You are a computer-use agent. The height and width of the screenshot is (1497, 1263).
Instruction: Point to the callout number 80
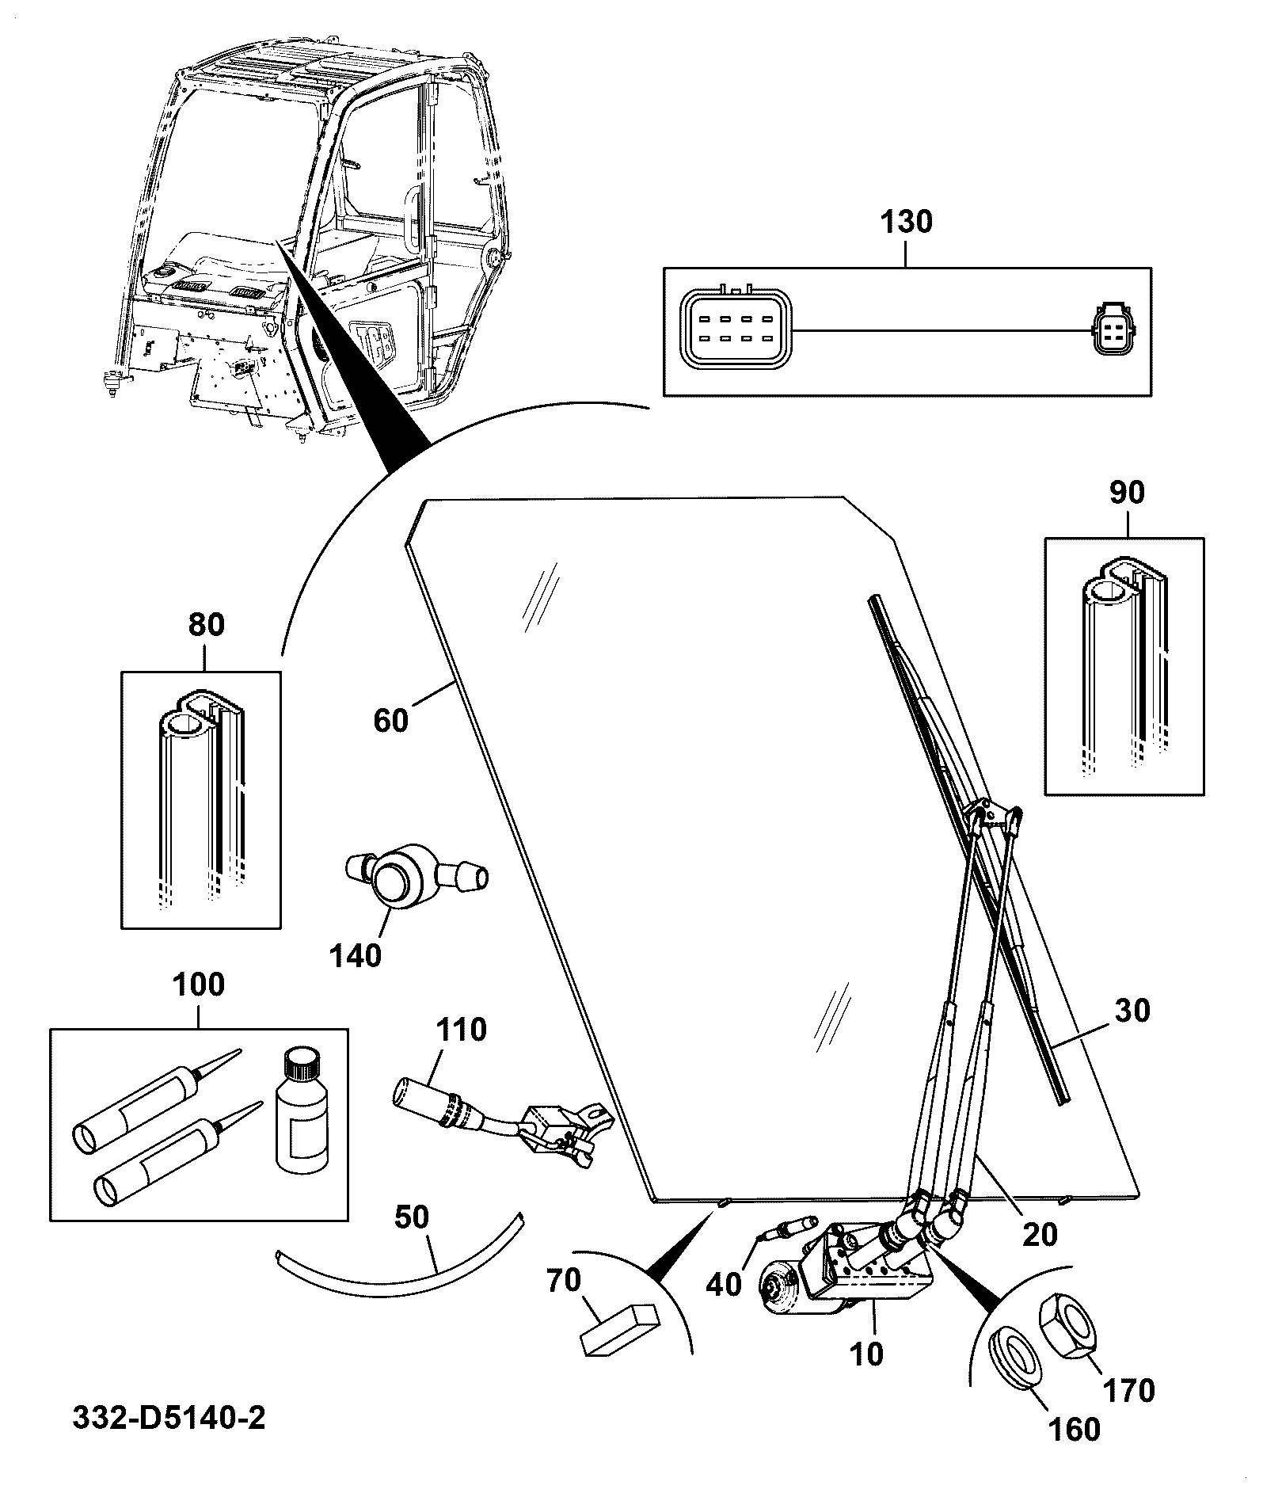click(206, 625)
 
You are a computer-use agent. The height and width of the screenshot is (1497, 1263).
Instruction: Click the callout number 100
click(198, 985)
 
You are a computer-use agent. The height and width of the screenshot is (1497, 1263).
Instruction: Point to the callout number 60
click(390, 721)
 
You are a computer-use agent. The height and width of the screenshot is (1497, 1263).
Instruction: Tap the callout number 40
click(723, 1285)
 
